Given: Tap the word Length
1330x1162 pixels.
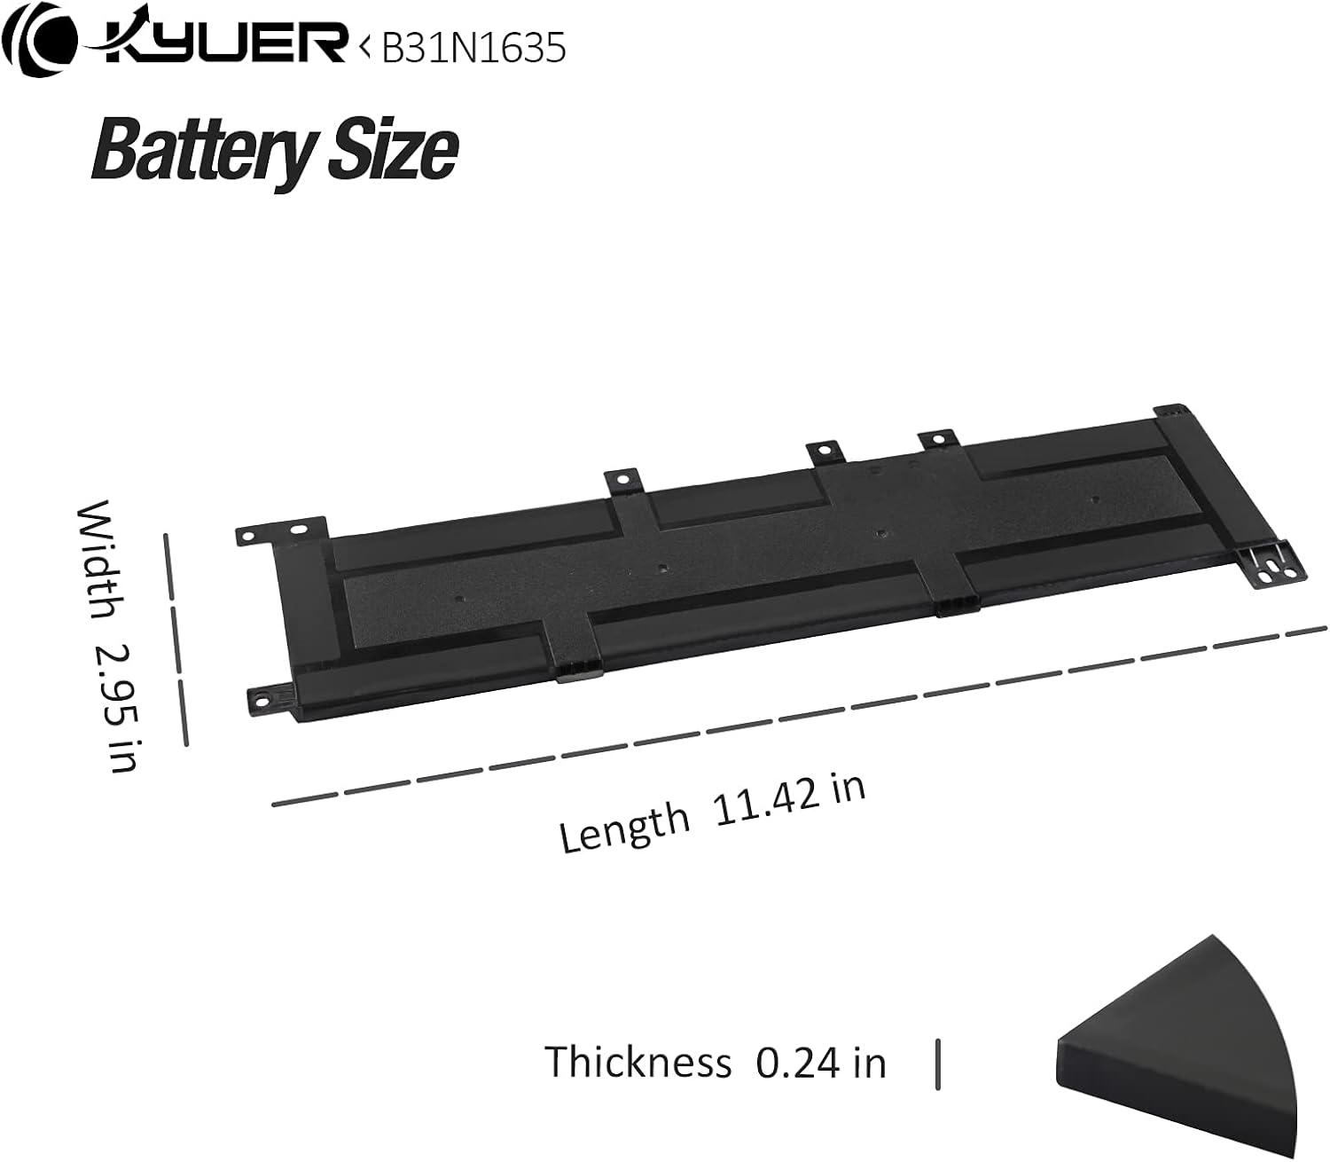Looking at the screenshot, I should click(x=624, y=824).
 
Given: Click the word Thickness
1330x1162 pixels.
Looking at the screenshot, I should click(x=638, y=1062).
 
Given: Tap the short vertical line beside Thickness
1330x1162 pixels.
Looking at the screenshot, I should click(x=937, y=1064).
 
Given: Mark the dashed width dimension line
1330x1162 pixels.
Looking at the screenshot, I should click(x=176, y=639).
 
